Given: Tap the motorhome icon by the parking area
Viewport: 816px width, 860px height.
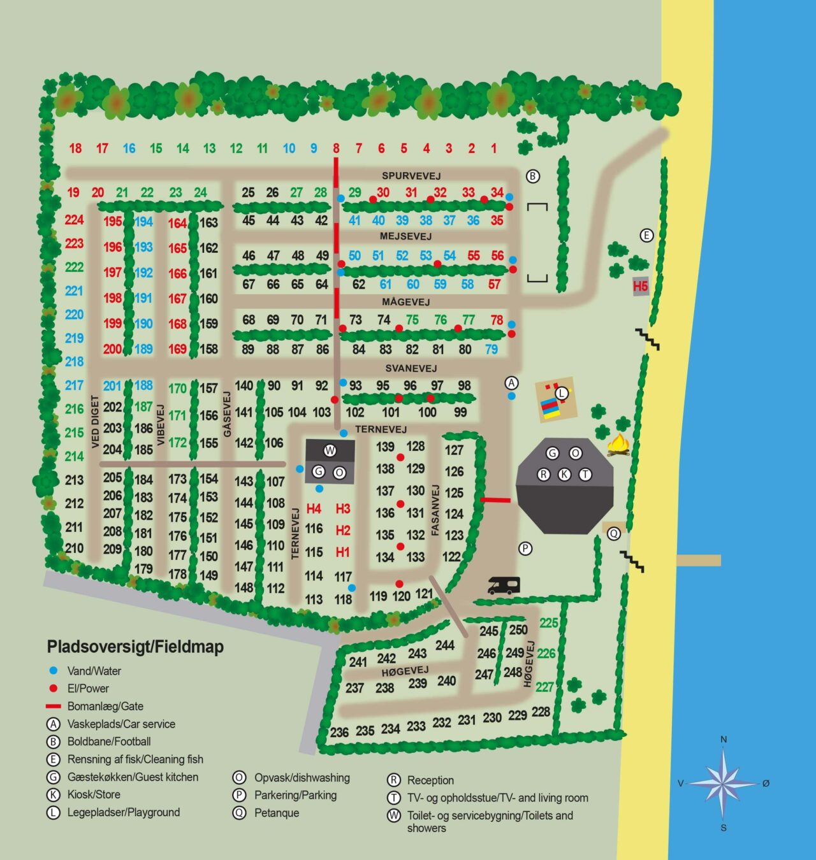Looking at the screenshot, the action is pos(504,585).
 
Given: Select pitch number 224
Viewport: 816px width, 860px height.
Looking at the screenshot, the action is pos(74,220).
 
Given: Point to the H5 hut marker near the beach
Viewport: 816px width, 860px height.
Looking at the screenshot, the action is pos(640,287).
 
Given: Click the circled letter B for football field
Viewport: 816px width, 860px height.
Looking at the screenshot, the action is pos(533,176).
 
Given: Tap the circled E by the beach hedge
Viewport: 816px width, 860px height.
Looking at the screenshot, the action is pos(646,236).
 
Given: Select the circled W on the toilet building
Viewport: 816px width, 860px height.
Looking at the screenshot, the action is pos(330,450).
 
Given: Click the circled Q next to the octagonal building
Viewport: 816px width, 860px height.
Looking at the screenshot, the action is pos(614,533).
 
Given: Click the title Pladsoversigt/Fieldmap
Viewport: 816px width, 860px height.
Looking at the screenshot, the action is pos(135,647).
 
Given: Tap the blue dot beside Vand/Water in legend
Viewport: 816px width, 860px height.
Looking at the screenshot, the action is pos(54,671).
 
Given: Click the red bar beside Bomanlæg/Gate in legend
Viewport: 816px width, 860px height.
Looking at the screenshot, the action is pos(54,706).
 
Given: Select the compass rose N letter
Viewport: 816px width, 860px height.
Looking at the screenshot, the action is pos(724,740).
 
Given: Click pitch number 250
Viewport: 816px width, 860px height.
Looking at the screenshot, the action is pos(518,629).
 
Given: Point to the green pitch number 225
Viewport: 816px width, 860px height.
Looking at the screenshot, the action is pos(548,622).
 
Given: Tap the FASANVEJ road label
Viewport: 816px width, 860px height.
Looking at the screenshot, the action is pos(436,510).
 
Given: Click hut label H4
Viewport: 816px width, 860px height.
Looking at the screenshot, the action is pos(314,508).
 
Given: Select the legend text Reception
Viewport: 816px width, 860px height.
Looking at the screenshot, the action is pos(430,780).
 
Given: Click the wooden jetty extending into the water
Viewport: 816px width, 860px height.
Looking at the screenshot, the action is pos(698,561).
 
